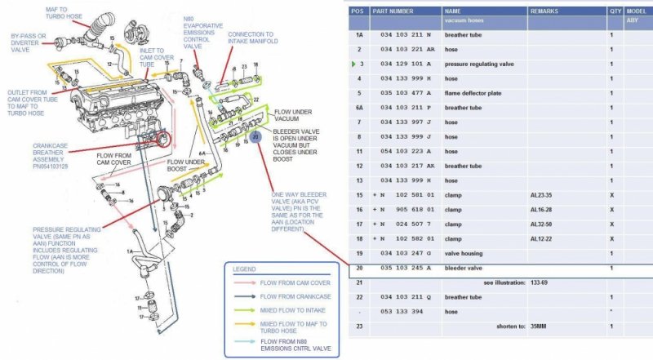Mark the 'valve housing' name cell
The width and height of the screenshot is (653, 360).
click(x=464, y=253)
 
